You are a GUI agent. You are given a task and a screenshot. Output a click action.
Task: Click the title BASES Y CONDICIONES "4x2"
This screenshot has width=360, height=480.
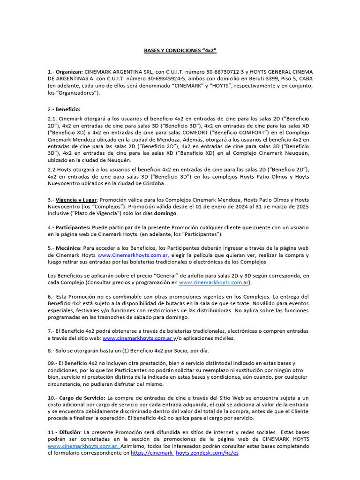pyautogui.click(x=180, y=50)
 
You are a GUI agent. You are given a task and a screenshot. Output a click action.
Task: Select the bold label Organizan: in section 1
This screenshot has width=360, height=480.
pyautogui.click(x=70, y=71)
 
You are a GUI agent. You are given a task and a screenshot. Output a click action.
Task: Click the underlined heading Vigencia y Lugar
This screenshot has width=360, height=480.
pyautogui.click(x=77, y=200)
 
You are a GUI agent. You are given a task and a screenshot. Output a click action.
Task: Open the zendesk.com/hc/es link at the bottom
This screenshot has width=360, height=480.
pyautogui.click(x=207, y=454)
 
